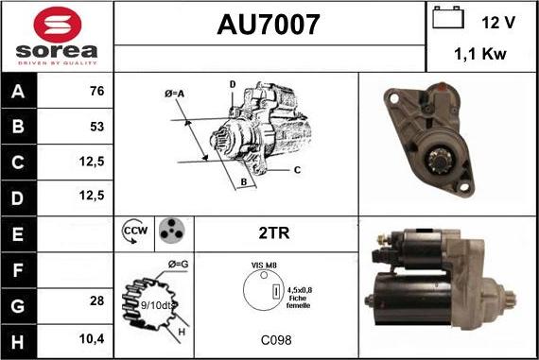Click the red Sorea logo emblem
(x=58, y=25)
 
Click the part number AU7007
(x=269, y=25)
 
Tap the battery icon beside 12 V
(x=448, y=17)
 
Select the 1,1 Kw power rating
(x=480, y=54)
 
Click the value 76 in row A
(x=97, y=91)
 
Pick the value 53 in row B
(x=97, y=127)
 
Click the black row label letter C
(x=18, y=163)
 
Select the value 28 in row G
(x=97, y=300)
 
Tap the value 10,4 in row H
(x=92, y=339)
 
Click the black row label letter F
(x=18, y=270)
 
